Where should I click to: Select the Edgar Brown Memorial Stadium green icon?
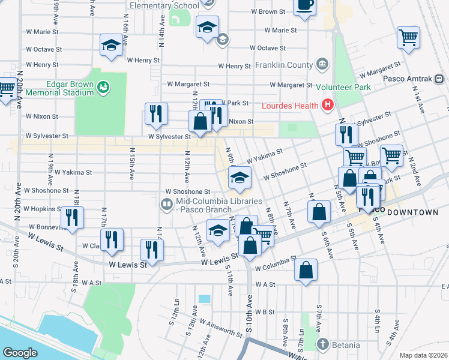coord(104,88)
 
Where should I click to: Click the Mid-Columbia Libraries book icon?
coord(166,205)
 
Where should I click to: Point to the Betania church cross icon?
coord(323,344)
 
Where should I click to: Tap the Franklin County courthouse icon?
coord(322,64)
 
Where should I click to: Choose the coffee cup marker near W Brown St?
coord(305,5)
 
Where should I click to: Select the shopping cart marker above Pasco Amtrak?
coord(408,37)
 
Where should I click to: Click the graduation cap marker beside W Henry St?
coord(111,46)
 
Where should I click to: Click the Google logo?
coord(20,353)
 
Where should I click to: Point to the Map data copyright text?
coord(424,355)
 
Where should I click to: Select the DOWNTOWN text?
coord(414,212)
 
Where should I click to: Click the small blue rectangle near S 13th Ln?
coord(205,299)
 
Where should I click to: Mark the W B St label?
coord(264,312)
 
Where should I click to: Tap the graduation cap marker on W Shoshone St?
coord(239,177)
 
